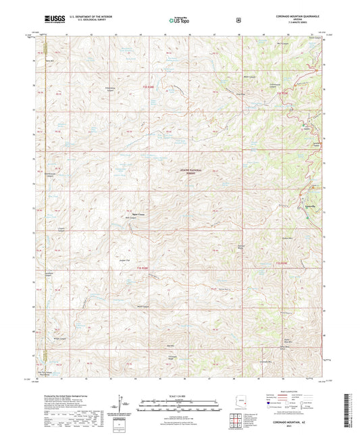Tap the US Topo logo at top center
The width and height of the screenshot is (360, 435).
click(x=178, y=21)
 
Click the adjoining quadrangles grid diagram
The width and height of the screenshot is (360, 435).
click(x=236, y=421)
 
